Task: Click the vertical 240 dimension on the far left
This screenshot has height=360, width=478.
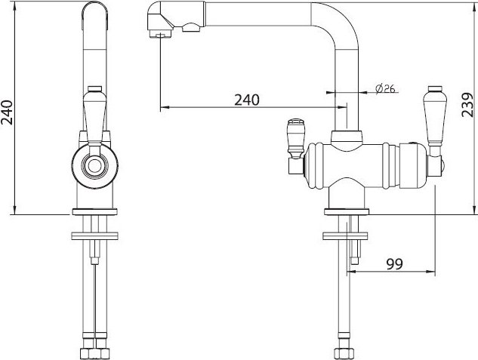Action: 7,112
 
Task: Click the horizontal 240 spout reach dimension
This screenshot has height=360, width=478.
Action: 247,100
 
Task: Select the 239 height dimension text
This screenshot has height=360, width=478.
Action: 467,105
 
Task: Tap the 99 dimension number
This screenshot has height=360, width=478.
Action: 394,263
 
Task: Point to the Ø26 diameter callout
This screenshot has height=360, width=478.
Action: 385,88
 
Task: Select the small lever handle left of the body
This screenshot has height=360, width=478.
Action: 295,138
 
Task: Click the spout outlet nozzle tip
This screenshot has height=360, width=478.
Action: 160,33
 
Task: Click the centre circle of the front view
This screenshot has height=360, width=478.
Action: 94,166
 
